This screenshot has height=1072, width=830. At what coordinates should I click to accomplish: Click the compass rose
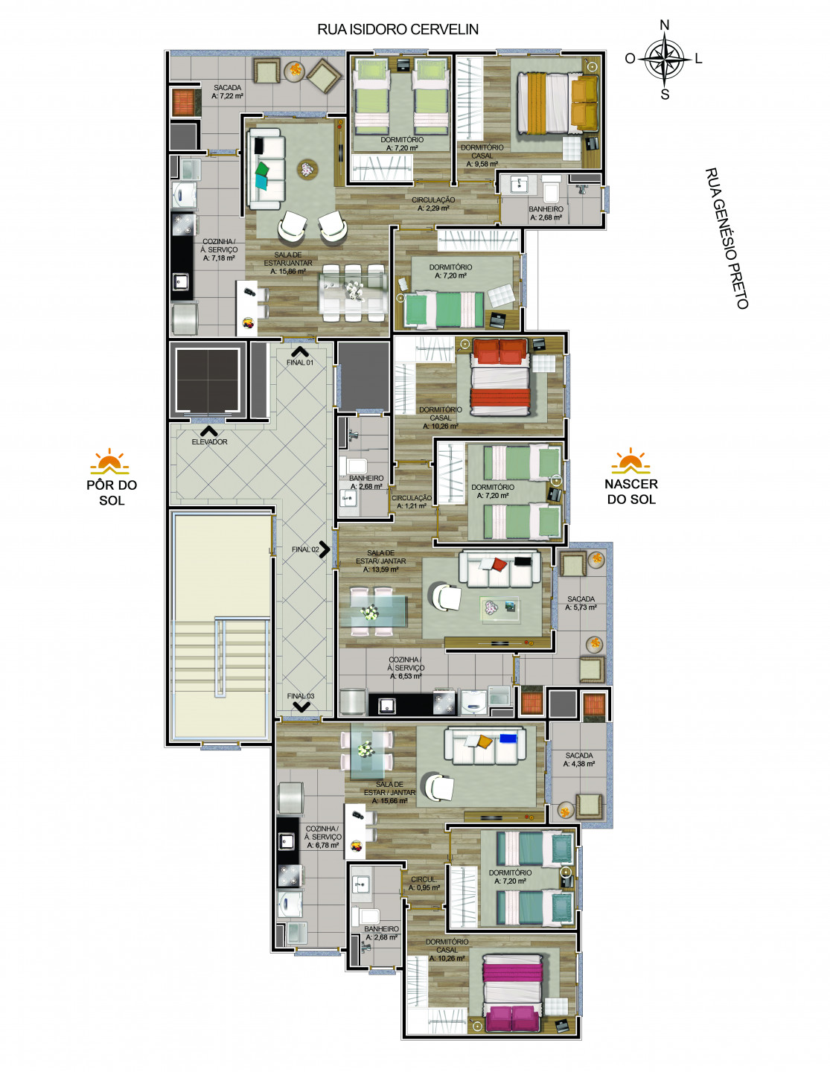(664, 60)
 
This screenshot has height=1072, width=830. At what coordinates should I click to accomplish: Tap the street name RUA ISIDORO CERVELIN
(398, 30)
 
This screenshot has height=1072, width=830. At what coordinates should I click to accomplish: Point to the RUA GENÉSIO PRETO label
(727, 238)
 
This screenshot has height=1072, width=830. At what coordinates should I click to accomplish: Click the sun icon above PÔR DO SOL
(109, 462)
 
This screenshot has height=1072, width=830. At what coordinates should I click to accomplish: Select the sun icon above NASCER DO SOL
(631, 461)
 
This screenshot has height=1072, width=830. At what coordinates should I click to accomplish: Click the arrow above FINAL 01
(300, 351)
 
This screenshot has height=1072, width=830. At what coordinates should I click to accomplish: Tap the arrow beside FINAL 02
(325, 549)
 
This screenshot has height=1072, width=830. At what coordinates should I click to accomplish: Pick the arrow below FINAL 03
(301, 707)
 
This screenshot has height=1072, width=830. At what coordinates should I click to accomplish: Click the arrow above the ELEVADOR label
(208, 431)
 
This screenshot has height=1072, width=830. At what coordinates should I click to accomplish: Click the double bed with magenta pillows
(514, 993)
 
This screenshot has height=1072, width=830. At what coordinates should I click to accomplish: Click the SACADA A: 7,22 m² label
(227, 92)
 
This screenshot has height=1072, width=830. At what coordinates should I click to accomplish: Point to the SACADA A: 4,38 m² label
(579, 760)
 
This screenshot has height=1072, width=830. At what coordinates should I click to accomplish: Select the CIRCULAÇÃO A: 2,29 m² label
(433, 204)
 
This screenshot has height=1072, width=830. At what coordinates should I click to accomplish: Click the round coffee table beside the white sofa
(307, 169)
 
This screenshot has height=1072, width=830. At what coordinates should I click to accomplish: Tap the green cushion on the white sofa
(263, 169)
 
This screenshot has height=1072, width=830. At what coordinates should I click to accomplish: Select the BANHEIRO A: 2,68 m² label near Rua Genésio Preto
(546, 213)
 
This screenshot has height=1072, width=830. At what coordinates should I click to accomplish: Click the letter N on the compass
(664, 25)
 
